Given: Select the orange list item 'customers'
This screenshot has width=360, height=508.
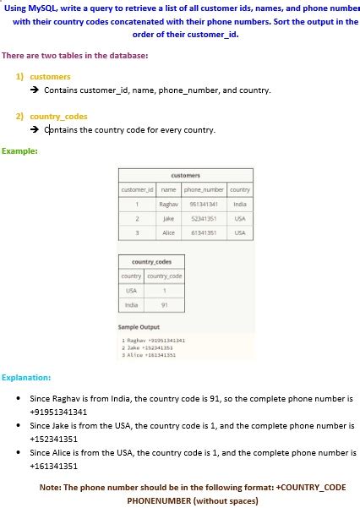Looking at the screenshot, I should (50, 76).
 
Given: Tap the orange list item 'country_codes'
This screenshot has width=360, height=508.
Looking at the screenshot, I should (58, 117).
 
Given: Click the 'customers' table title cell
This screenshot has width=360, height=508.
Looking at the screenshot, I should (185, 176).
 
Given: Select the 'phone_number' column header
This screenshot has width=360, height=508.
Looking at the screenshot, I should (202, 190).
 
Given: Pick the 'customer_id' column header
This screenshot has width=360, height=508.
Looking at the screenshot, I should (138, 190).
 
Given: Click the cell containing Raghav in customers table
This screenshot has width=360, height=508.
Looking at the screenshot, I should (168, 204).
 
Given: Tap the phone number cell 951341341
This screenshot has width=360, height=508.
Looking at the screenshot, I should (204, 204).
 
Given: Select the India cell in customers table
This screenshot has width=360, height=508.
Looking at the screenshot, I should (240, 204).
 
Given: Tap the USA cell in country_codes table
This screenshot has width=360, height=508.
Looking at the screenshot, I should (131, 290).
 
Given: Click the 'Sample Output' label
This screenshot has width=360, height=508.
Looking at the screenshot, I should (139, 326).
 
